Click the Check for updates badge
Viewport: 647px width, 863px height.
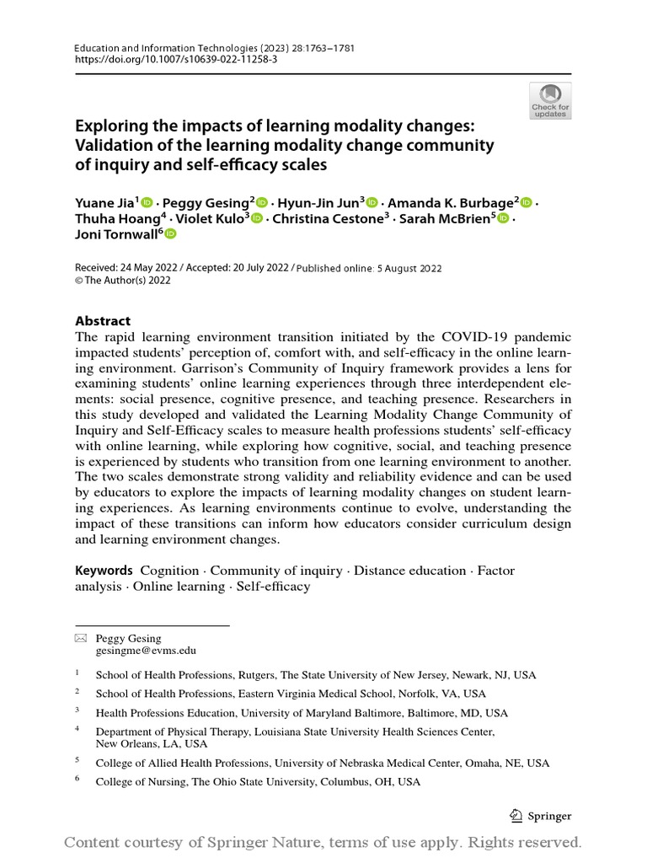click(x=549, y=100)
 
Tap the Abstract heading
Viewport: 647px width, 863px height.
click(x=103, y=320)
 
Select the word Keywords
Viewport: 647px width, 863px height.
click(x=104, y=571)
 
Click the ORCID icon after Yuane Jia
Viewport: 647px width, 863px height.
click(x=147, y=202)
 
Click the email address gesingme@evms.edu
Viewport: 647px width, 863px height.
click(x=146, y=651)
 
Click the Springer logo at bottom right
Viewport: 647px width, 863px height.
click(x=542, y=816)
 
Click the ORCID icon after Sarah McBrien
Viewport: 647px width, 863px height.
click(x=503, y=219)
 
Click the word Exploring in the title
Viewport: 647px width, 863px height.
click(x=111, y=126)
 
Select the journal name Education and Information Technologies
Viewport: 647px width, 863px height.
click(x=160, y=48)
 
